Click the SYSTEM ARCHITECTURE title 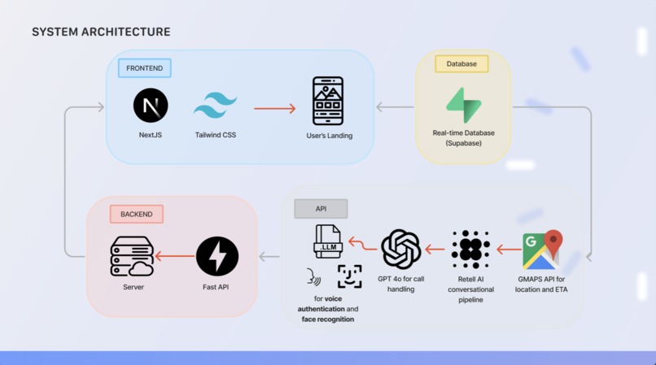point(101,32)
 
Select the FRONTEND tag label point(145,67)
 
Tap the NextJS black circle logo point(151,106)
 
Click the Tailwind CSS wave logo point(215,106)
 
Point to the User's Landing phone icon point(328,101)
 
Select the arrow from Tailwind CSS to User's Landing point(274,108)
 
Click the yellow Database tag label point(461,63)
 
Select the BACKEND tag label point(137,214)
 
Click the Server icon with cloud point(132,257)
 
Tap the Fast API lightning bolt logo point(217,257)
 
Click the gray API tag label point(321,209)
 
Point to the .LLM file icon point(328,242)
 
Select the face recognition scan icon point(349,276)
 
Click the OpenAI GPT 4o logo point(400,249)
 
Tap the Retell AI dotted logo point(470,249)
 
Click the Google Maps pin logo point(543,250)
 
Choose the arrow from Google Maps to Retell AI point(508,250)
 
